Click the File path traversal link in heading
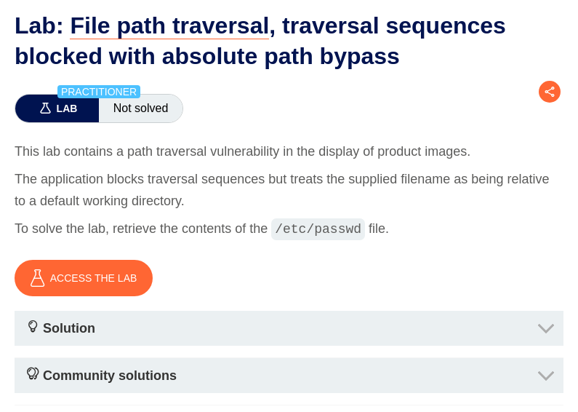coord(169,25)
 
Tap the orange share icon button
coord(550,92)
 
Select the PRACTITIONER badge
coord(99,92)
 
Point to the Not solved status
coord(140,108)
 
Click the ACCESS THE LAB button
coord(84,278)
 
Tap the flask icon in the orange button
coord(37,278)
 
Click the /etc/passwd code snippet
coord(318,229)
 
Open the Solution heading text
coord(69,328)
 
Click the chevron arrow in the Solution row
coord(546,328)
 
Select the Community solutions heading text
coord(110,376)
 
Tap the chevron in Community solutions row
coord(546,376)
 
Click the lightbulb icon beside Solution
coord(33,327)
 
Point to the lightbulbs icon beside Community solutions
coord(33,374)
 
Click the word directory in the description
coord(151,201)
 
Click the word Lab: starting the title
coord(39,25)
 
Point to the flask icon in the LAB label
coord(45,108)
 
